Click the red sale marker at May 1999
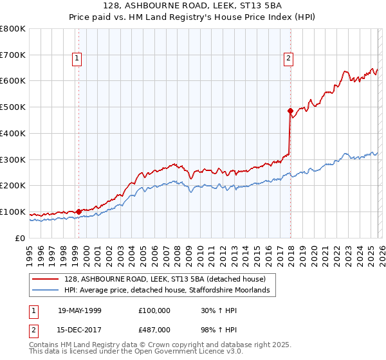(x=78, y=211)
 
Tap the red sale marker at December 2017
(x=290, y=111)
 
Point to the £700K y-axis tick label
(x=13, y=55)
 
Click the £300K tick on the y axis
(x=13, y=159)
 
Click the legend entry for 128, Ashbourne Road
(x=163, y=278)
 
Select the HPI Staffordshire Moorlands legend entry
(x=169, y=291)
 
